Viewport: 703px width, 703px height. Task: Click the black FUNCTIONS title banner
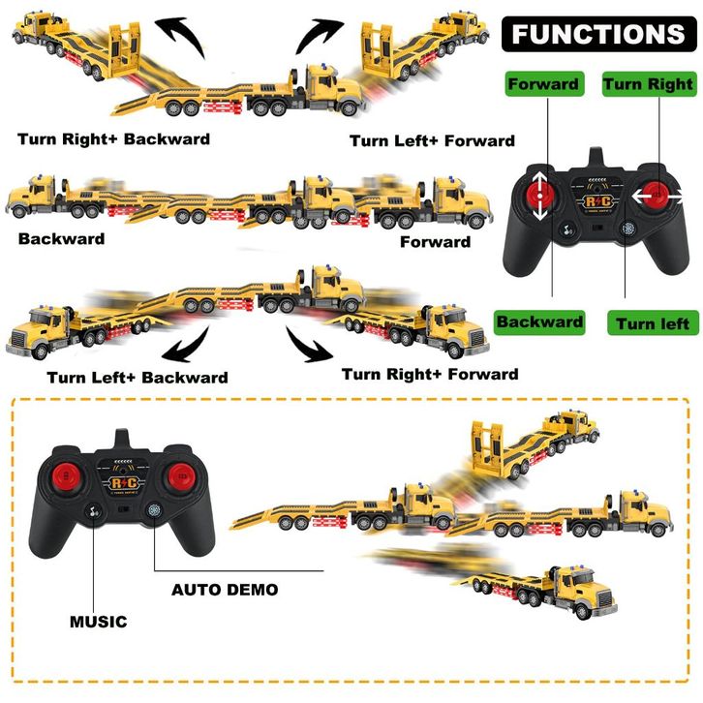pos(599,34)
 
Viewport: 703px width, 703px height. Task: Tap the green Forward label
pos(544,84)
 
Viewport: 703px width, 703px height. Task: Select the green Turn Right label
pos(649,84)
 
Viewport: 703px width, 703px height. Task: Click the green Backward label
pos(539,322)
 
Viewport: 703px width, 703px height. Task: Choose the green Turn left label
pos(653,322)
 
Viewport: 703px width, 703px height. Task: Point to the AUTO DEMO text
pos(225,590)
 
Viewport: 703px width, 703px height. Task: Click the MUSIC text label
pos(99,622)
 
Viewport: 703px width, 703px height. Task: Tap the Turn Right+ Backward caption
pos(114,139)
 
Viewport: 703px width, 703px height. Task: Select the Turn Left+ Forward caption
pos(432,140)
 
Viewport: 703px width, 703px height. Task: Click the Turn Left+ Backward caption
pos(138,378)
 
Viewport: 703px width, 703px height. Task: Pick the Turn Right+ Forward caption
pos(430,375)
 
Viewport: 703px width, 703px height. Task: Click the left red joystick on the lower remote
pos(66,477)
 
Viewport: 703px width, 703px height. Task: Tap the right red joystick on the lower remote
pos(181,476)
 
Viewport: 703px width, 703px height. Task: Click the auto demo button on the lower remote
pos(154,511)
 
